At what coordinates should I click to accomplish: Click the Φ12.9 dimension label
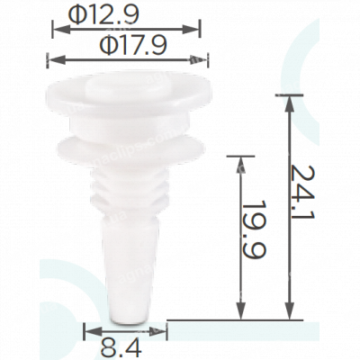coord(103,15)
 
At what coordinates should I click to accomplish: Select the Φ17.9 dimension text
coord(133,46)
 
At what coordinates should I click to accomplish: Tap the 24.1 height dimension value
coord(302,192)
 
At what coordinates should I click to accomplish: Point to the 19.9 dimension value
coord(255,230)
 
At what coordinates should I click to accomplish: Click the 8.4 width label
coord(121,347)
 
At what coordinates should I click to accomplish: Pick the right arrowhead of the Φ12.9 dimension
coord(191,29)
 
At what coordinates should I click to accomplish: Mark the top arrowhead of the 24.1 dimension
coord(289,103)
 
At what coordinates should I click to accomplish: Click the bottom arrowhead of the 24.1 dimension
coord(289,311)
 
